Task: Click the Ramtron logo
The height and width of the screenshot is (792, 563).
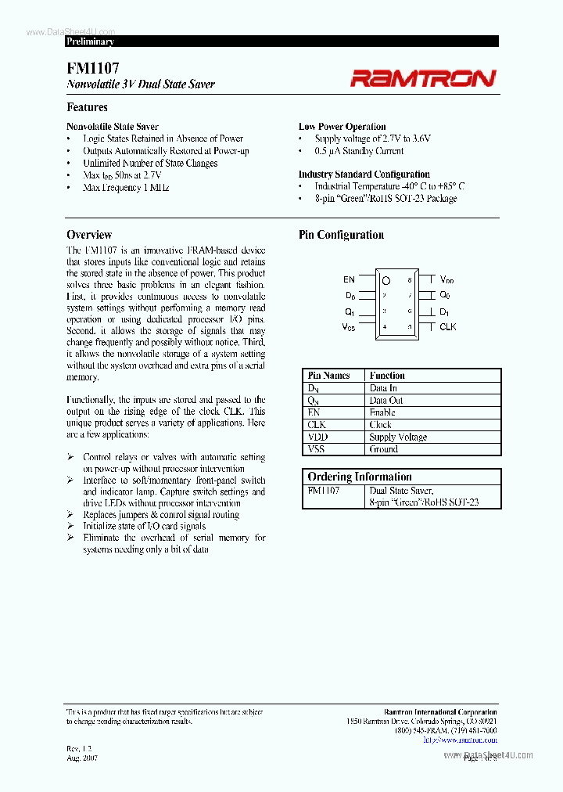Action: [x=422, y=77]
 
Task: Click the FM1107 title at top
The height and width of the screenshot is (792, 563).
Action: [x=93, y=69]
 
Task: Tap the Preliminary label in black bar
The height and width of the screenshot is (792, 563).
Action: [x=90, y=41]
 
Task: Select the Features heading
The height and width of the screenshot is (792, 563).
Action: [x=87, y=107]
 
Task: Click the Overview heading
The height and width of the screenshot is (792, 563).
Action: [x=89, y=235]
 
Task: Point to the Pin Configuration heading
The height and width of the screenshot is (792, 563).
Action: [x=341, y=235]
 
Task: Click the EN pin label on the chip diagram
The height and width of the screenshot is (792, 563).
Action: [x=349, y=279]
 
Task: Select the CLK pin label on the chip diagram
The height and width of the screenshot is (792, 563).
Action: [x=447, y=327]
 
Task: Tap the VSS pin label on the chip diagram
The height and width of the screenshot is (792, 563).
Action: [x=348, y=327]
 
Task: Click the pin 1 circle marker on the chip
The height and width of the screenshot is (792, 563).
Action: [x=385, y=279]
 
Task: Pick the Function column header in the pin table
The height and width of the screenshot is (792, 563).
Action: [x=387, y=376]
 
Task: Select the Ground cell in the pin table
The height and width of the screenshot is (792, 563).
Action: [x=384, y=450]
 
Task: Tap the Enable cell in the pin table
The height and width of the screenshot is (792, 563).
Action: [x=382, y=412]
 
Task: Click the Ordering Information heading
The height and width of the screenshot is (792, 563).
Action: [x=360, y=477]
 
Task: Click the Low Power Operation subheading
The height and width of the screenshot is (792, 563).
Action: [x=342, y=127]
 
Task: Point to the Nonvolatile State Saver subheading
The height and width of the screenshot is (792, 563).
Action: [x=113, y=127]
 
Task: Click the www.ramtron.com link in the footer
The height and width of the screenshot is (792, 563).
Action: [x=467, y=740]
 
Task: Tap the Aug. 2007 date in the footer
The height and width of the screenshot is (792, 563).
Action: [x=82, y=758]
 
